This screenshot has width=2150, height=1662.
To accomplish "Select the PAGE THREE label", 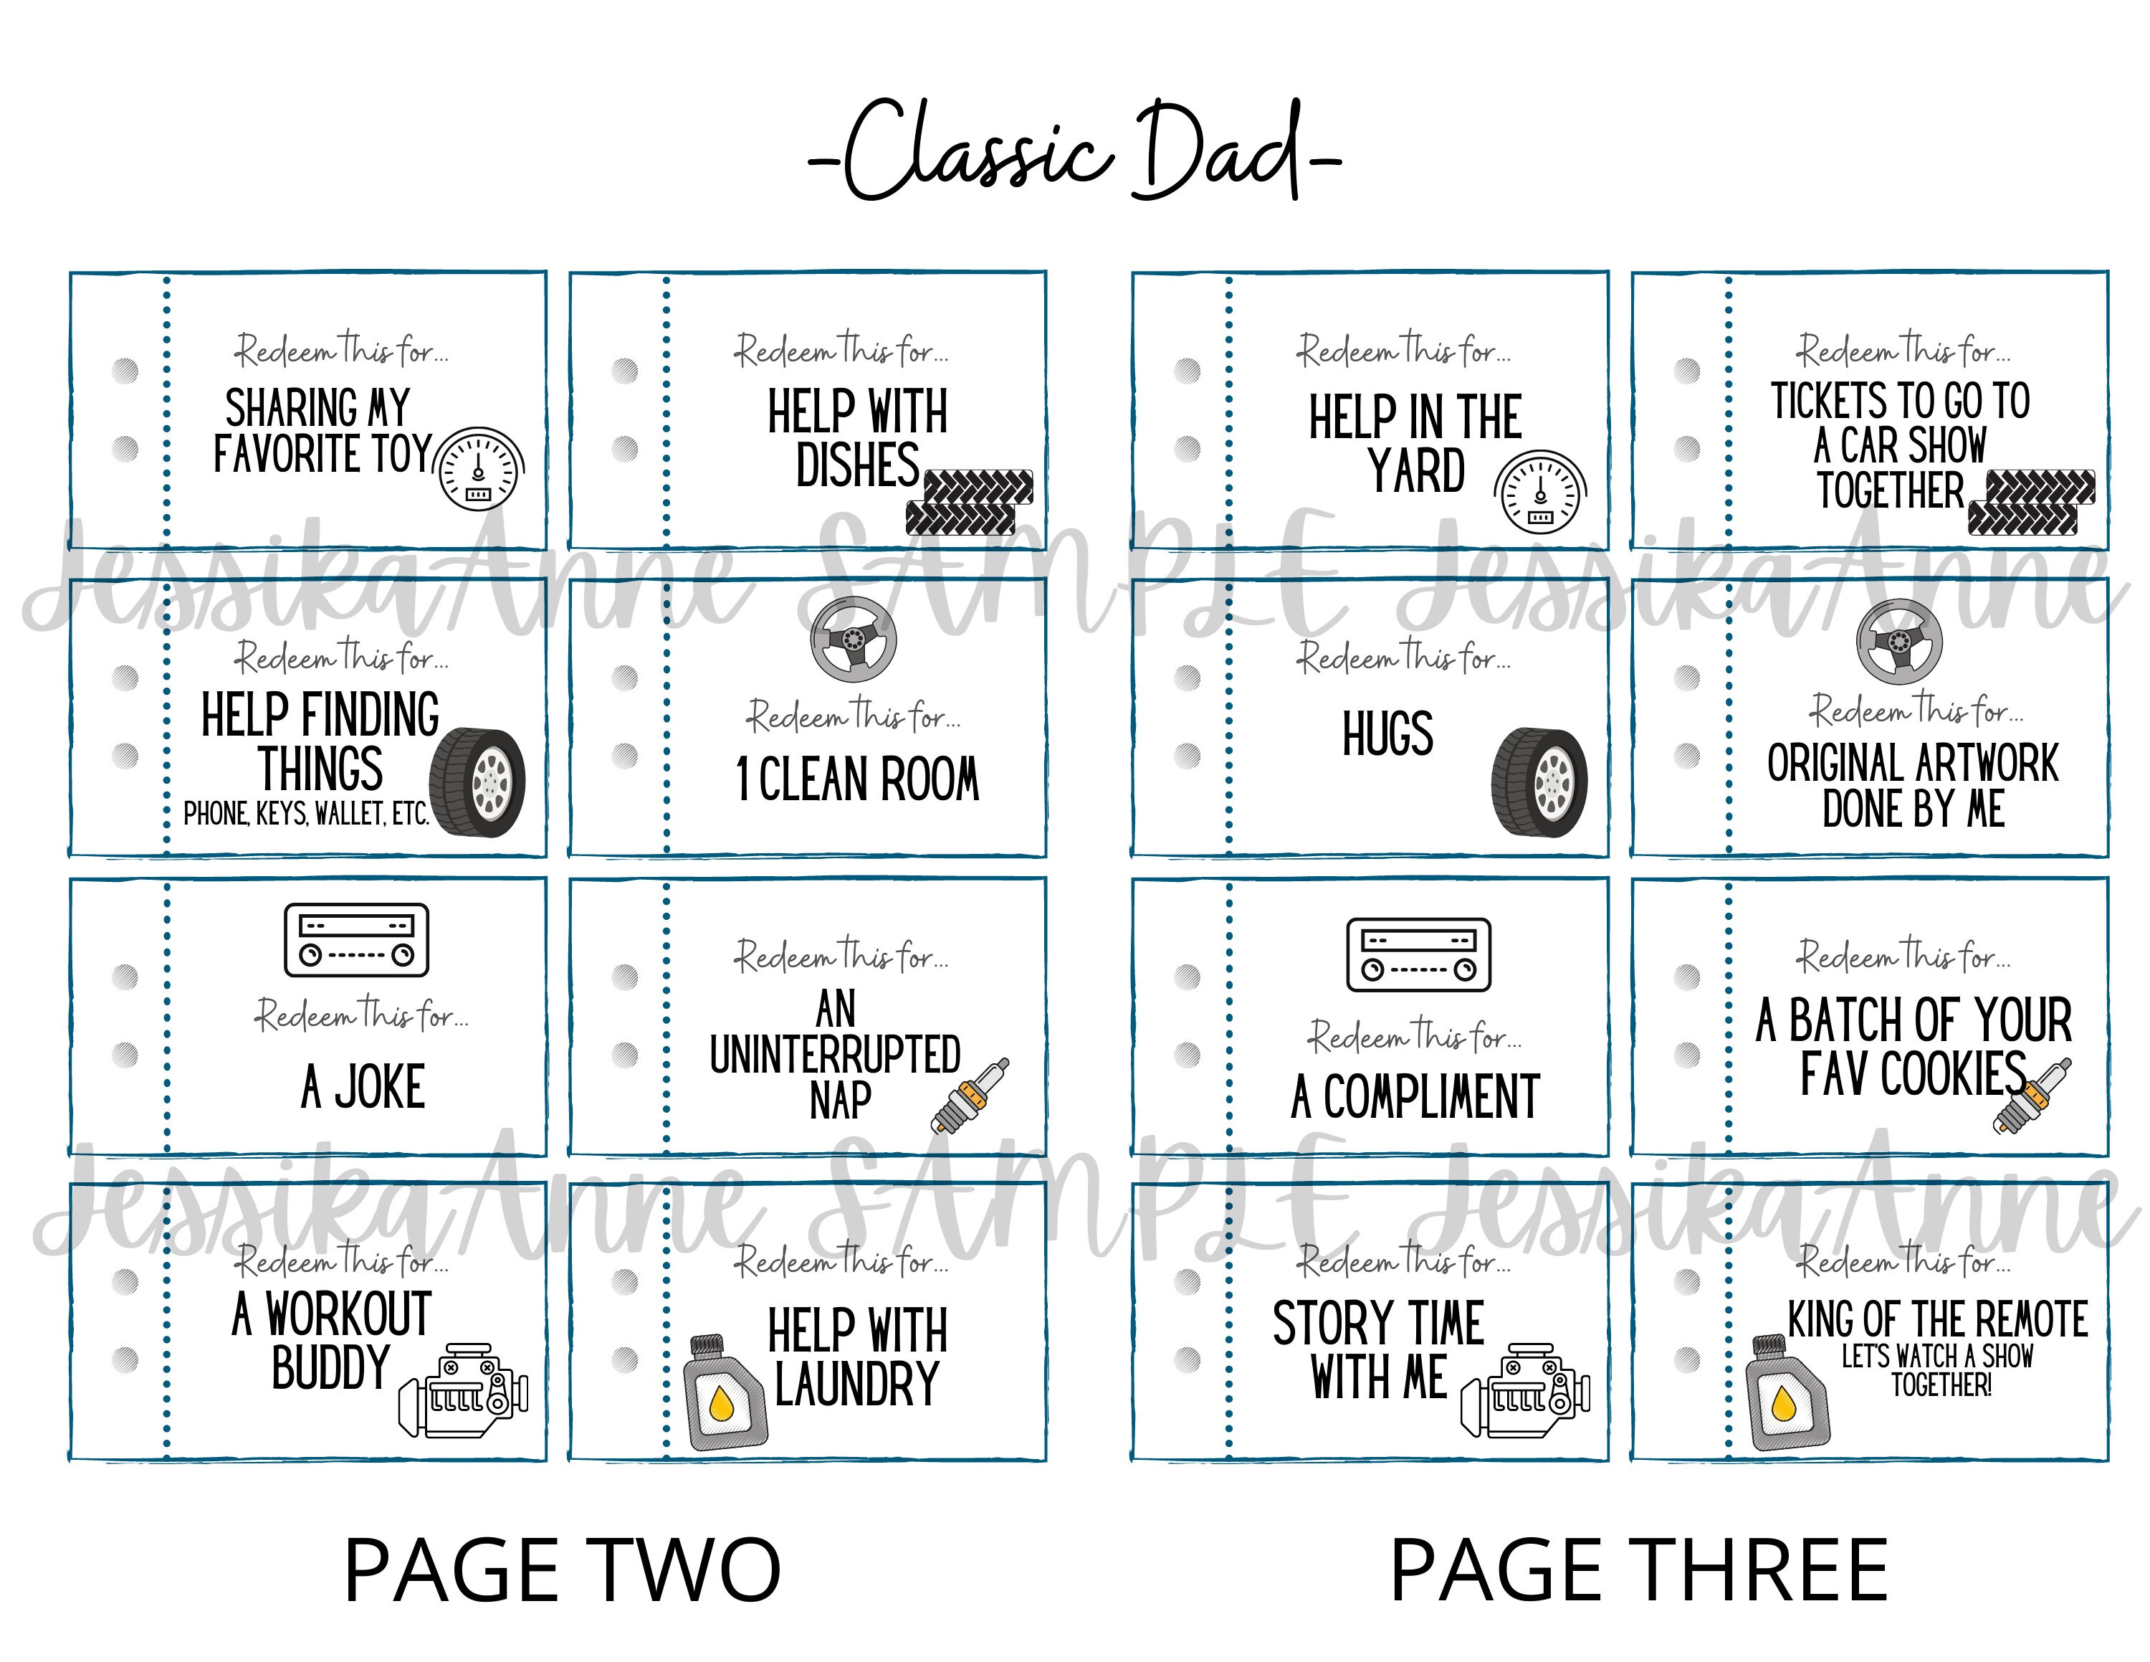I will (x=1638, y=1570).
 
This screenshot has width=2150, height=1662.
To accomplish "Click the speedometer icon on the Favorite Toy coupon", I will (x=479, y=470).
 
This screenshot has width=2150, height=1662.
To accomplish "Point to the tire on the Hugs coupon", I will (x=1538, y=783).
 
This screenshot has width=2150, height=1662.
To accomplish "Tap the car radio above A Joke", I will (x=355, y=940).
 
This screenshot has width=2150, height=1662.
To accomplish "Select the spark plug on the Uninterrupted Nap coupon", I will (x=970, y=1095).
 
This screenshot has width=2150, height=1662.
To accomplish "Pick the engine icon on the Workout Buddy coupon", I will (x=463, y=1390).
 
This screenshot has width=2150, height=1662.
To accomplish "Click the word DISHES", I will (x=856, y=466).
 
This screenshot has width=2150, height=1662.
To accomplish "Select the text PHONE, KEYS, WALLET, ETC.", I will (x=305, y=815).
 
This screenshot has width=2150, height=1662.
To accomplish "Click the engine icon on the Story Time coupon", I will (x=1525, y=1390).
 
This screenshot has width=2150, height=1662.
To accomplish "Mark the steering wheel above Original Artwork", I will (x=1899, y=642).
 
